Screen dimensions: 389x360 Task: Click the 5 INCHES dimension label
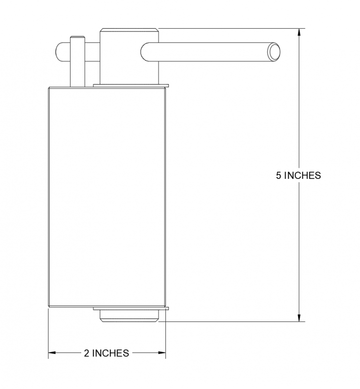[x=299, y=176]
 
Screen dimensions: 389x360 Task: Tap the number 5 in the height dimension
[x=279, y=176]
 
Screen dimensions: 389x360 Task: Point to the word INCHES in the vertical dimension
[x=302, y=176]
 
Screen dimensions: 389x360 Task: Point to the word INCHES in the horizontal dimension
[x=110, y=353]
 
